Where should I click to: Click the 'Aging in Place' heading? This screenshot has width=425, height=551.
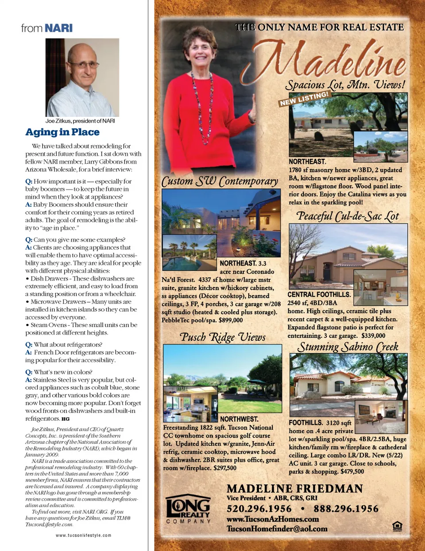click(62, 132)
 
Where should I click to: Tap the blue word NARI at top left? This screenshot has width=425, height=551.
click(58, 28)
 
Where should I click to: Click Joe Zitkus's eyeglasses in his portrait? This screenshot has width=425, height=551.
click(83, 65)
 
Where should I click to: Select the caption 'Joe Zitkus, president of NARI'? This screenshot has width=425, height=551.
click(80, 121)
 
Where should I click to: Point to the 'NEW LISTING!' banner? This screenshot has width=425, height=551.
click(304, 99)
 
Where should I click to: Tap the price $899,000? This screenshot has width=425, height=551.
click(231, 320)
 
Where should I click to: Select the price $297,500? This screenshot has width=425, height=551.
click(225, 468)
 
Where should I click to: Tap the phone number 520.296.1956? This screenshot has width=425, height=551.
click(259, 509)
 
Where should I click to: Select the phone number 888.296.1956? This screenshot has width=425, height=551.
click(346, 509)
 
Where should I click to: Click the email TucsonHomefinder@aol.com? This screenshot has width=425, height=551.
click(277, 528)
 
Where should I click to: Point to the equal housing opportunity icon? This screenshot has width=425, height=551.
click(397, 526)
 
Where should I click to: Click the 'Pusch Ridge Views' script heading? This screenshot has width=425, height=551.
click(223, 337)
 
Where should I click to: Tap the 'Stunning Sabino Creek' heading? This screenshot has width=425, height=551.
click(348, 347)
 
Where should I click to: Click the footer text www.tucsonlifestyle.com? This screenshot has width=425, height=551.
click(84, 535)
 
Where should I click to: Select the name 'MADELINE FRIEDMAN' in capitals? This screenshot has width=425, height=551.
click(294, 489)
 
